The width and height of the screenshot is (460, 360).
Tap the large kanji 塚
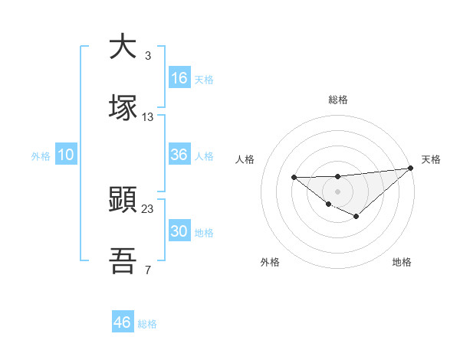tap(123, 108)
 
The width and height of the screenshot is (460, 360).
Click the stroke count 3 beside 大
tap(147, 56)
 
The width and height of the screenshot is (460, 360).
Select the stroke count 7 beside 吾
tap(147, 270)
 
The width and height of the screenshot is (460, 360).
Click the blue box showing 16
tap(179, 78)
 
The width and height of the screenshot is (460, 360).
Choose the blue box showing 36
tap(179, 155)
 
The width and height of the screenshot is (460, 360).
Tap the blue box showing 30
tap(179, 231)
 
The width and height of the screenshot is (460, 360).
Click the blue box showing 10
tap(66, 155)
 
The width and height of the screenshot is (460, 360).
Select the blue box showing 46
tap(123, 322)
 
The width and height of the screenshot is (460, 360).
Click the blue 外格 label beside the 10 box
tap(41, 156)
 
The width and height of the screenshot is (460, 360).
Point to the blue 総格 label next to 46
tap(147, 324)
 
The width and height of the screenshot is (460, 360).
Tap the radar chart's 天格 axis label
tap(431, 159)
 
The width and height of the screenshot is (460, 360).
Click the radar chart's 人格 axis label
tap(245, 159)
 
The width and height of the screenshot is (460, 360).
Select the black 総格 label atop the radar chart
tap(338, 100)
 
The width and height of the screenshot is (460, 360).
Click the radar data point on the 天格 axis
tap(411, 168)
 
